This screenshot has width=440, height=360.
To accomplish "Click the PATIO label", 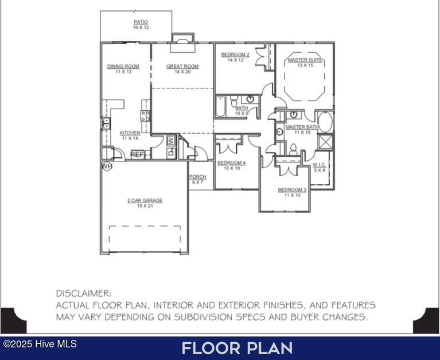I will pyautogui.click(x=141, y=22).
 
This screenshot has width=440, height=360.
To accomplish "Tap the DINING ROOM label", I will pyautogui.click(x=123, y=67).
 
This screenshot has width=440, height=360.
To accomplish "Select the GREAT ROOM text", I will pyautogui.click(x=182, y=67).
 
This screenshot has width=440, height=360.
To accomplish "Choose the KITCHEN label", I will pyautogui.click(x=130, y=133).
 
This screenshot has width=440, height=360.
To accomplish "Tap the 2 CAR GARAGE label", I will pyautogui.click(x=145, y=200).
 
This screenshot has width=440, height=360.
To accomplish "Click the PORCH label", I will pyautogui.click(x=197, y=177).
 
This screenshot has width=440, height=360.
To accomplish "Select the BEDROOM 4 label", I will pyautogui.click(x=231, y=163).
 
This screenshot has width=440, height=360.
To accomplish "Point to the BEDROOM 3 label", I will pyautogui.click(x=292, y=189).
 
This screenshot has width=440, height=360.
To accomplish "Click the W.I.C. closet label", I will pyautogui.click(x=319, y=165).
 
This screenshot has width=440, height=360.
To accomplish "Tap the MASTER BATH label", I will pyautogui.click(x=302, y=127).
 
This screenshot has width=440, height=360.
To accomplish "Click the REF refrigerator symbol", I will pyautogui.click(x=137, y=154).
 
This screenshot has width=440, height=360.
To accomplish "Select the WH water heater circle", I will pyautogui.click(x=107, y=166).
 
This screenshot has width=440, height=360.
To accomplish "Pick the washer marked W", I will pyautogui.click(x=170, y=140).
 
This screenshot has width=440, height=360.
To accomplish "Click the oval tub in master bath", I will pyautogui.click(x=325, y=122).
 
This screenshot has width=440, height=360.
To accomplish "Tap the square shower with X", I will pyautogui.click(x=325, y=141).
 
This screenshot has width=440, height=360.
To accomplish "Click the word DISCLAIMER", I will pyautogui.click(x=84, y=293).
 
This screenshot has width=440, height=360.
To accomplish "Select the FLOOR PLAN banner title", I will pyautogui.click(x=237, y=348).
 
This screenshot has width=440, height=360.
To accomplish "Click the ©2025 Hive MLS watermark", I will pyautogui.click(x=40, y=344).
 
